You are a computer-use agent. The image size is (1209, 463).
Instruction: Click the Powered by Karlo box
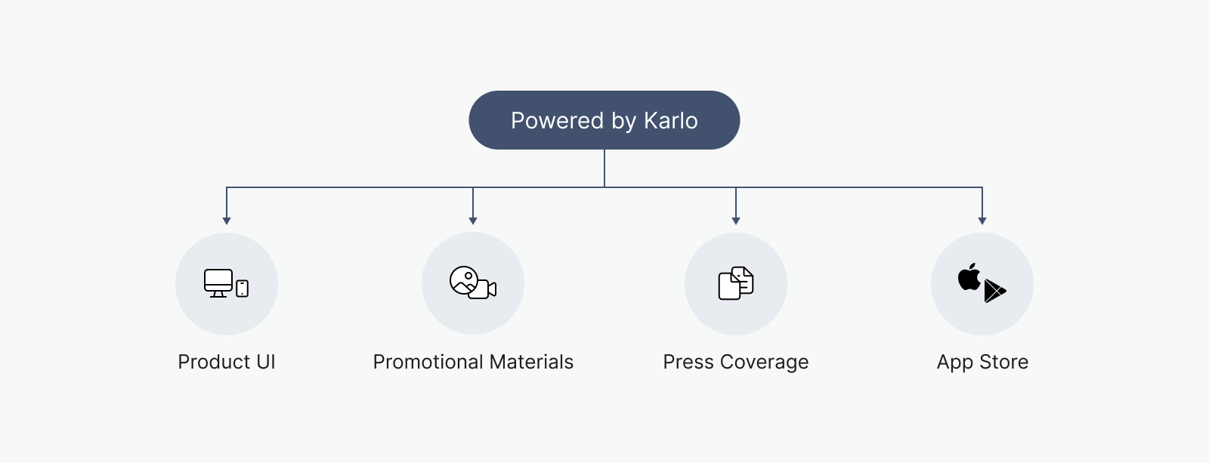[x=604, y=120]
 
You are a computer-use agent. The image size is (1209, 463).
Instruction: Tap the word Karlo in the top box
[x=671, y=120]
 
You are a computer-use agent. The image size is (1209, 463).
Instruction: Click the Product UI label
[x=227, y=362]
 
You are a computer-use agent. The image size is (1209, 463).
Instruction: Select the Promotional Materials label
[x=473, y=362]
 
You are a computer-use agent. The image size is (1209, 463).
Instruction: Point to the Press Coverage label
[x=736, y=362]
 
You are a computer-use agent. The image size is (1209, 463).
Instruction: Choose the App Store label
[x=982, y=362]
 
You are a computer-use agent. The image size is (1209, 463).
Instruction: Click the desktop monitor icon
[x=218, y=282]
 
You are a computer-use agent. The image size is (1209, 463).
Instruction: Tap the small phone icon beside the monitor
[x=243, y=289]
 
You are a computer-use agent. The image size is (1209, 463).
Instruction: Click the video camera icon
[x=483, y=289]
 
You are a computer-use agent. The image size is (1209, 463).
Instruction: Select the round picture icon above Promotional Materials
[x=462, y=279]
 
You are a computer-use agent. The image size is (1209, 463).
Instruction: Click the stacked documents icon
[x=736, y=282]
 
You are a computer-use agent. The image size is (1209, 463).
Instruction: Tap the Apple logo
[x=969, y=277]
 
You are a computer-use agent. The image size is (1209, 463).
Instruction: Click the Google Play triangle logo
[x=994, y=291]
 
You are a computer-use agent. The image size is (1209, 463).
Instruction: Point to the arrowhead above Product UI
[x=227, y=221]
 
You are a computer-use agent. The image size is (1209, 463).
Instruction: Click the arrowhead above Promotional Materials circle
[x=473, y=221]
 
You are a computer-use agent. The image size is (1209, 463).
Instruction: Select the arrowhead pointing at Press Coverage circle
[x=736, y=221]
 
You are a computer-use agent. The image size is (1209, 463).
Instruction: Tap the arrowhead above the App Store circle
[x=982, y=221]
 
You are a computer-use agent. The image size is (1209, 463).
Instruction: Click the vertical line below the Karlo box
[x=604, y=168]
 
